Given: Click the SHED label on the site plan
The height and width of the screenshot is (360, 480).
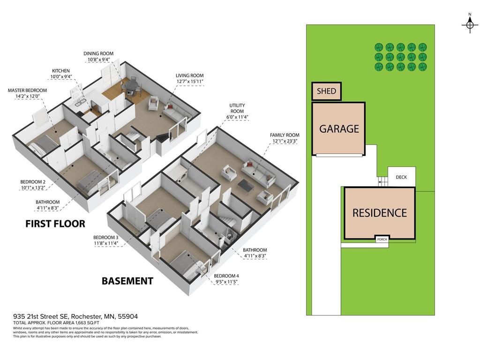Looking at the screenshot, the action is (326, 91).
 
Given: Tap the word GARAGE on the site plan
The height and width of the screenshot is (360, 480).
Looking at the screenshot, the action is (339, 128).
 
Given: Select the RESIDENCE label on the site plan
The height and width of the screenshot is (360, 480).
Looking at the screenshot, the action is (380, 213).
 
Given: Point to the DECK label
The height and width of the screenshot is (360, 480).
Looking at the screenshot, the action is (401, 177).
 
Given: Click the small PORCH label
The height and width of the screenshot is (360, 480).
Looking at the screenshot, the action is (382, 239).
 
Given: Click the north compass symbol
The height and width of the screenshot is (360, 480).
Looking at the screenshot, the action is (470, 24).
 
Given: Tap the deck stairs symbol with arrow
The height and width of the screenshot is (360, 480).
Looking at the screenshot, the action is (382, 181).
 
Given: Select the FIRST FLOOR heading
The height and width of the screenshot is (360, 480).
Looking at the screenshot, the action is (55, 224).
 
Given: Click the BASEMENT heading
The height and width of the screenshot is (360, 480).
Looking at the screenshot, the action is (127, 281).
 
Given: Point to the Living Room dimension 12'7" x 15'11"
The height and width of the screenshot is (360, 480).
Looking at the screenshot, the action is (189, 82).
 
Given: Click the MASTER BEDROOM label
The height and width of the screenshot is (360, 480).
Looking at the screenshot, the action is (27, 90).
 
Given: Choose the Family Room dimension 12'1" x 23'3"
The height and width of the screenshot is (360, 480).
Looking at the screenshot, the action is (285, 141).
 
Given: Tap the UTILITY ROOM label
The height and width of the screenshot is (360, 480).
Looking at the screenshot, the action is (237, 108).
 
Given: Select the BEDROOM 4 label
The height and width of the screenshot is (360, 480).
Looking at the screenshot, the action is (226, 276).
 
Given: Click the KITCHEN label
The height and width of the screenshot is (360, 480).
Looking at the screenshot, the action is (60, 71).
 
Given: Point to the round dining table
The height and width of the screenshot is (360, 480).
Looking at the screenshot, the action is (131, 85).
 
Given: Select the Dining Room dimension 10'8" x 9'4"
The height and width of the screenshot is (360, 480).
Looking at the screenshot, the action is (98, 60).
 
